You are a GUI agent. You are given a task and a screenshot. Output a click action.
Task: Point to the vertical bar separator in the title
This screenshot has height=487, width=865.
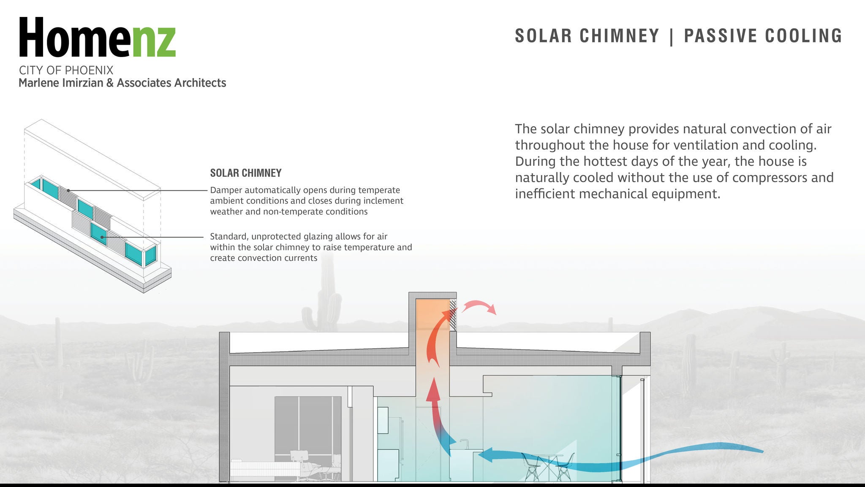[672, 36]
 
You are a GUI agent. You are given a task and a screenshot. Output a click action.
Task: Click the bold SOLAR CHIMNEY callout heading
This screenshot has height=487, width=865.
[246, 173]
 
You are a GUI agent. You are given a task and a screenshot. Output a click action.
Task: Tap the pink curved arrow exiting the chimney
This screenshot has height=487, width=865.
[479, 306]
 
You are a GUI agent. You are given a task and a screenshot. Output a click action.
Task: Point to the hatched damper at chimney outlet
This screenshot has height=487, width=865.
[453, 315]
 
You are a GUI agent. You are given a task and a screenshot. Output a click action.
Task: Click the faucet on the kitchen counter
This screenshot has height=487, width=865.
[464, 444]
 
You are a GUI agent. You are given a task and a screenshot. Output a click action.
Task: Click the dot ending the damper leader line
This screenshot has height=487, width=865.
[68, 191]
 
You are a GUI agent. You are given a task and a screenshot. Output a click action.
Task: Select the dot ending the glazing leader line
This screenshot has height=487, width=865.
[102, 237]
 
